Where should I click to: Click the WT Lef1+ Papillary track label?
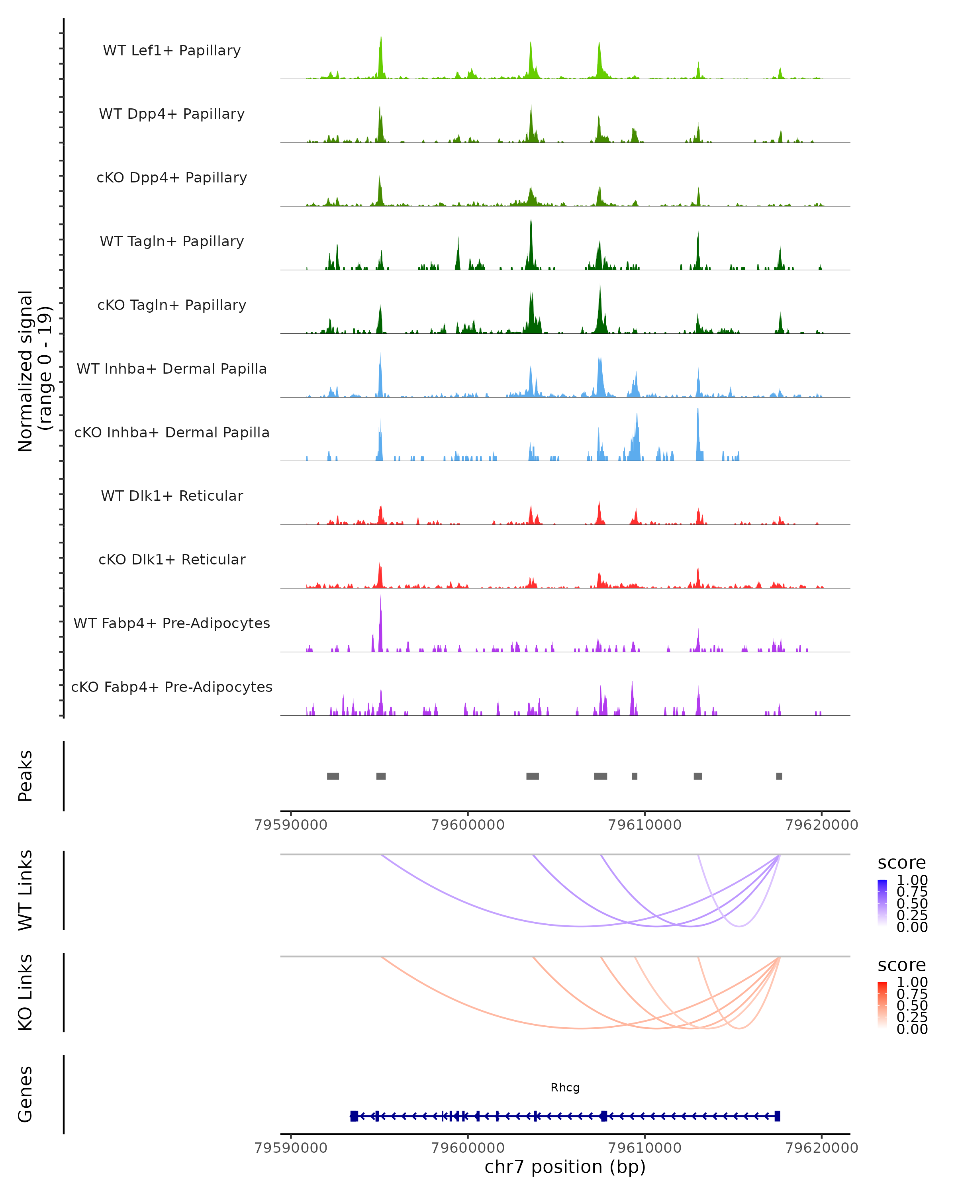[x=172, y=51]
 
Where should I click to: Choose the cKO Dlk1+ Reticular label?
[x=172, y=559]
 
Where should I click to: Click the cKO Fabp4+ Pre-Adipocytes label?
[x=172, y=687]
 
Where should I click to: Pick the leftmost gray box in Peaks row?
[x=333, y=776]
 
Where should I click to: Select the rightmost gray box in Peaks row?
[x=779, y=776]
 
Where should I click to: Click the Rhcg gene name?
[x=565, y=1087]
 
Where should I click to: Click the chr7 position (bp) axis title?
[x=565, y=1167]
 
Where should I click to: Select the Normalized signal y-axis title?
[x=34, y=371]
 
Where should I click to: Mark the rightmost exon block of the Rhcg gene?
[x=778, y=1116]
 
